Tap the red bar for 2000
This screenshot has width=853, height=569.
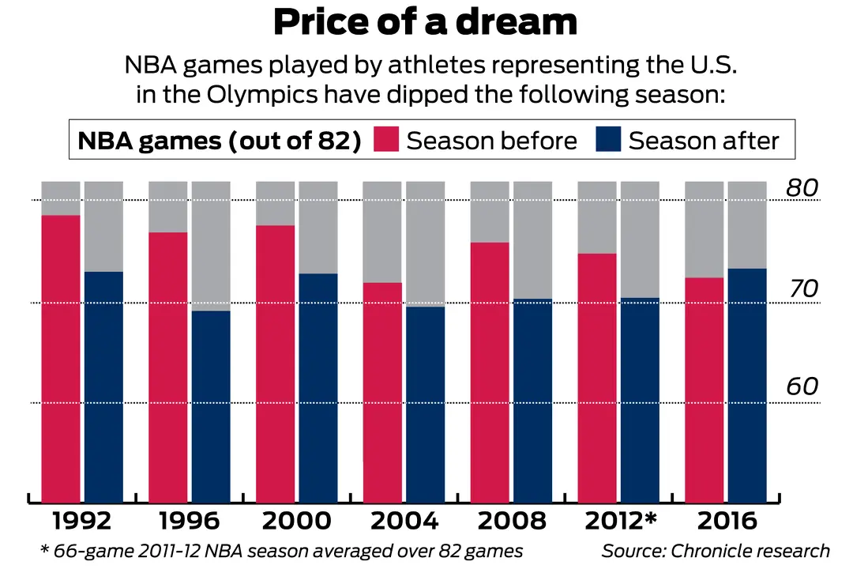click(x=276, y=363)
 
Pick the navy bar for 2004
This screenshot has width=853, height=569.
click(x=426, y=403)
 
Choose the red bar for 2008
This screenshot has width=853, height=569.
click(x=490, y=371)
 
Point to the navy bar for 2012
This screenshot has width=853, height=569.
click(x=640, y=399)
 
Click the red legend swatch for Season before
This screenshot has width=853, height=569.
click(x=385, y=141)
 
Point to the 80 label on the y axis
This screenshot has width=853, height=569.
click(x=802, y=188)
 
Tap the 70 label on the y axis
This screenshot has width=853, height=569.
click(x=802, y=289)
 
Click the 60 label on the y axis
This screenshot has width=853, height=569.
click(x=802, y=386)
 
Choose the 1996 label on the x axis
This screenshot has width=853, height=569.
click(x=190, y=522)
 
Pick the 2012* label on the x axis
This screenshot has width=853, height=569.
click(x=622, y=522)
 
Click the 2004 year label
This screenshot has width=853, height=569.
click(x=404, y=522)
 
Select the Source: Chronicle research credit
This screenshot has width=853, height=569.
click(x=716, y=551)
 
